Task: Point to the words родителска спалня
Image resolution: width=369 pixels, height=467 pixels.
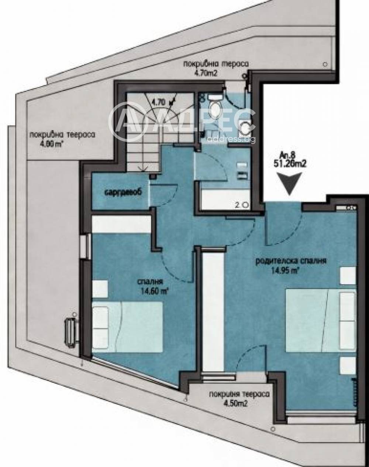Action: click(291, 261)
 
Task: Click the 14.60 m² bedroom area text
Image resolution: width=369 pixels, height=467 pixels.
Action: click(155, 290)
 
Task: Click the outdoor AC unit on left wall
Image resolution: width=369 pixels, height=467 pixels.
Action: click(70, 327)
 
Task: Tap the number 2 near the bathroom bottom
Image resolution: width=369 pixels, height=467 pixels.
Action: click(238, 204)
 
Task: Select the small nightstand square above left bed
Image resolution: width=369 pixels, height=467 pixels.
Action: click(100, 289)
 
